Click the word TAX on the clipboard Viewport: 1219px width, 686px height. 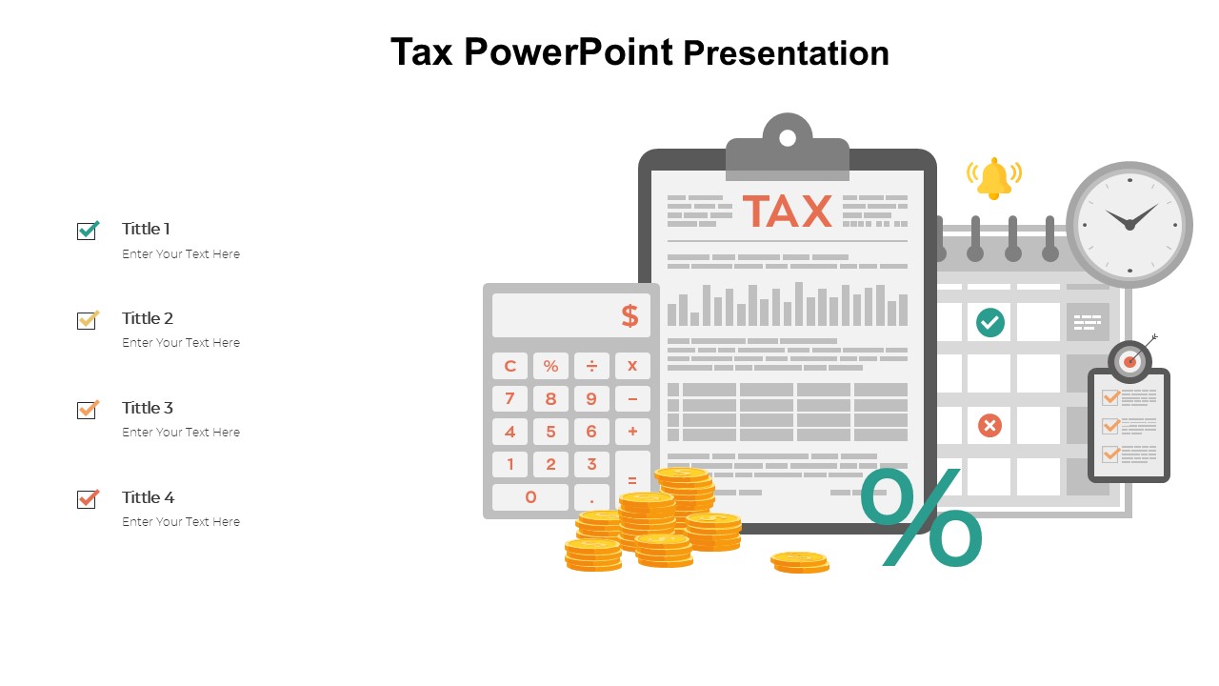pyautogui.click(x=787, y=212)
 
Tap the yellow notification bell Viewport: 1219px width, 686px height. pyautogui.click(x=993, y=178)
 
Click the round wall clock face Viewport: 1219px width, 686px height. pyautogui.click(x=1129, y=225)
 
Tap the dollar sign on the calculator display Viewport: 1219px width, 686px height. pyautogui.click(x=629, y=315)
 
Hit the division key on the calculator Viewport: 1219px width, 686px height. pyautogui.click(x=591, y=366)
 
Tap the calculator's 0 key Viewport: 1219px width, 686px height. pyautogui.click(x=530, y=496)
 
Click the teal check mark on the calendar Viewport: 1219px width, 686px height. pyautogui.click(x=990, y=322)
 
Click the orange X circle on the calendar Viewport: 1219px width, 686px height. pyautogui.click(x=989, y=425)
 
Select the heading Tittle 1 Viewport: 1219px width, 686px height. pyautogui.click(x=146, y=229)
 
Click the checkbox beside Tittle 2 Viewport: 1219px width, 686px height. pyautogui.click(x=88, y=320)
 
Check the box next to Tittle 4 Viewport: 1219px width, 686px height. pyautogui.click(x=88, y=498)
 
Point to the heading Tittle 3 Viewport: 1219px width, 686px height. pyautogui.click(x=148, y=408)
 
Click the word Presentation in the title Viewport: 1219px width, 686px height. pyautogui.click(x=787, y=53)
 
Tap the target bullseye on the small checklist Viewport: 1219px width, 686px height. pyautogui.click(x=1130, y=361)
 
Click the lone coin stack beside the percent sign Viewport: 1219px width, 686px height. pyautogui.click(x=800, y=562)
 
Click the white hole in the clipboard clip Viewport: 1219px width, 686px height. pyautogui.click(x=788, y=138)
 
